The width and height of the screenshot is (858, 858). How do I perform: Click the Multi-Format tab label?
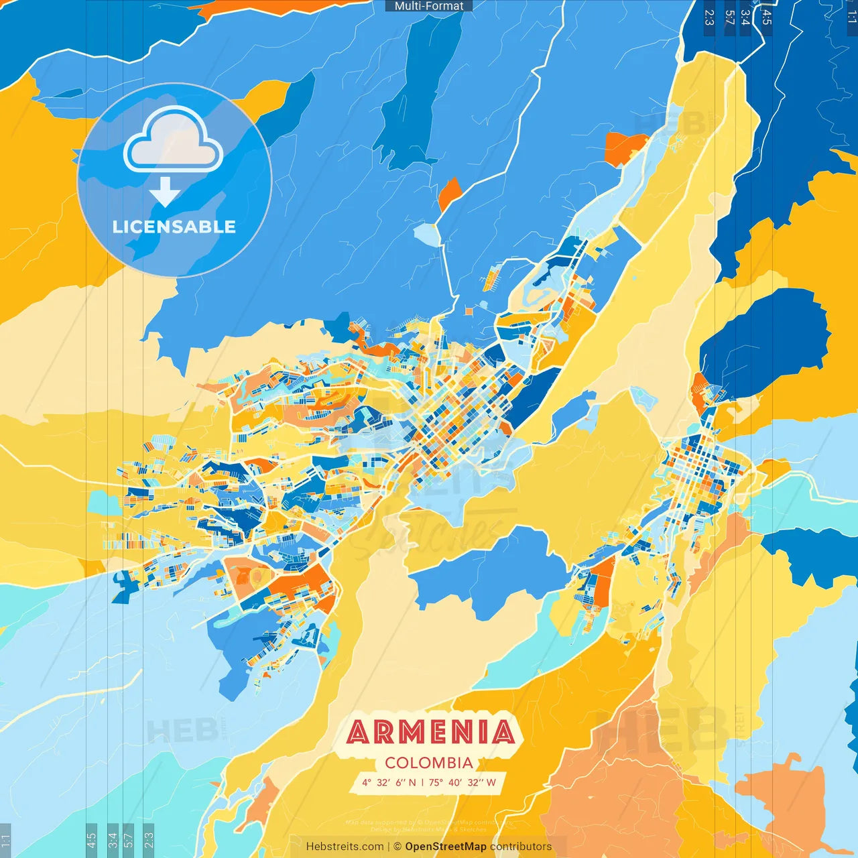[x=429, y=6]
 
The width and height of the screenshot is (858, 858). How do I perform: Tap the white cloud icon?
[x=174, y=141]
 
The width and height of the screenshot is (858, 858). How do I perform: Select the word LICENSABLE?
[x=174, y=227]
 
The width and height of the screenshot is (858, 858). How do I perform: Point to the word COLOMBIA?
[x=429, y=763]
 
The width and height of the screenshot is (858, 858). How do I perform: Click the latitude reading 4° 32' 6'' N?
[x=389, y=782]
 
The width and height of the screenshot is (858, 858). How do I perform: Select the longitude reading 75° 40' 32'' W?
[x=463, y=782]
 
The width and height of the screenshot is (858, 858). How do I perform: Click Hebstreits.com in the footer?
[x=345, y=847]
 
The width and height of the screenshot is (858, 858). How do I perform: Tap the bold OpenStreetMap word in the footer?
[x=446, y=847]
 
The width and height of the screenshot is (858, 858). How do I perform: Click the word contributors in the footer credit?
[x=521, y=847]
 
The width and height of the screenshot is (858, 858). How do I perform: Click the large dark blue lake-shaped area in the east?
[x=764, y=342]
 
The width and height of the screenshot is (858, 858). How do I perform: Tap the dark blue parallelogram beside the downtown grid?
[x=533, y=395]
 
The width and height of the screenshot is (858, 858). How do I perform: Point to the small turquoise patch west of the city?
[x=104, y=503]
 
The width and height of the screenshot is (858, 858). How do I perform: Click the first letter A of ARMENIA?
[x=359, y=732]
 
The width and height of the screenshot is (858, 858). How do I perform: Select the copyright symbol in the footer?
[x=397, y=847]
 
